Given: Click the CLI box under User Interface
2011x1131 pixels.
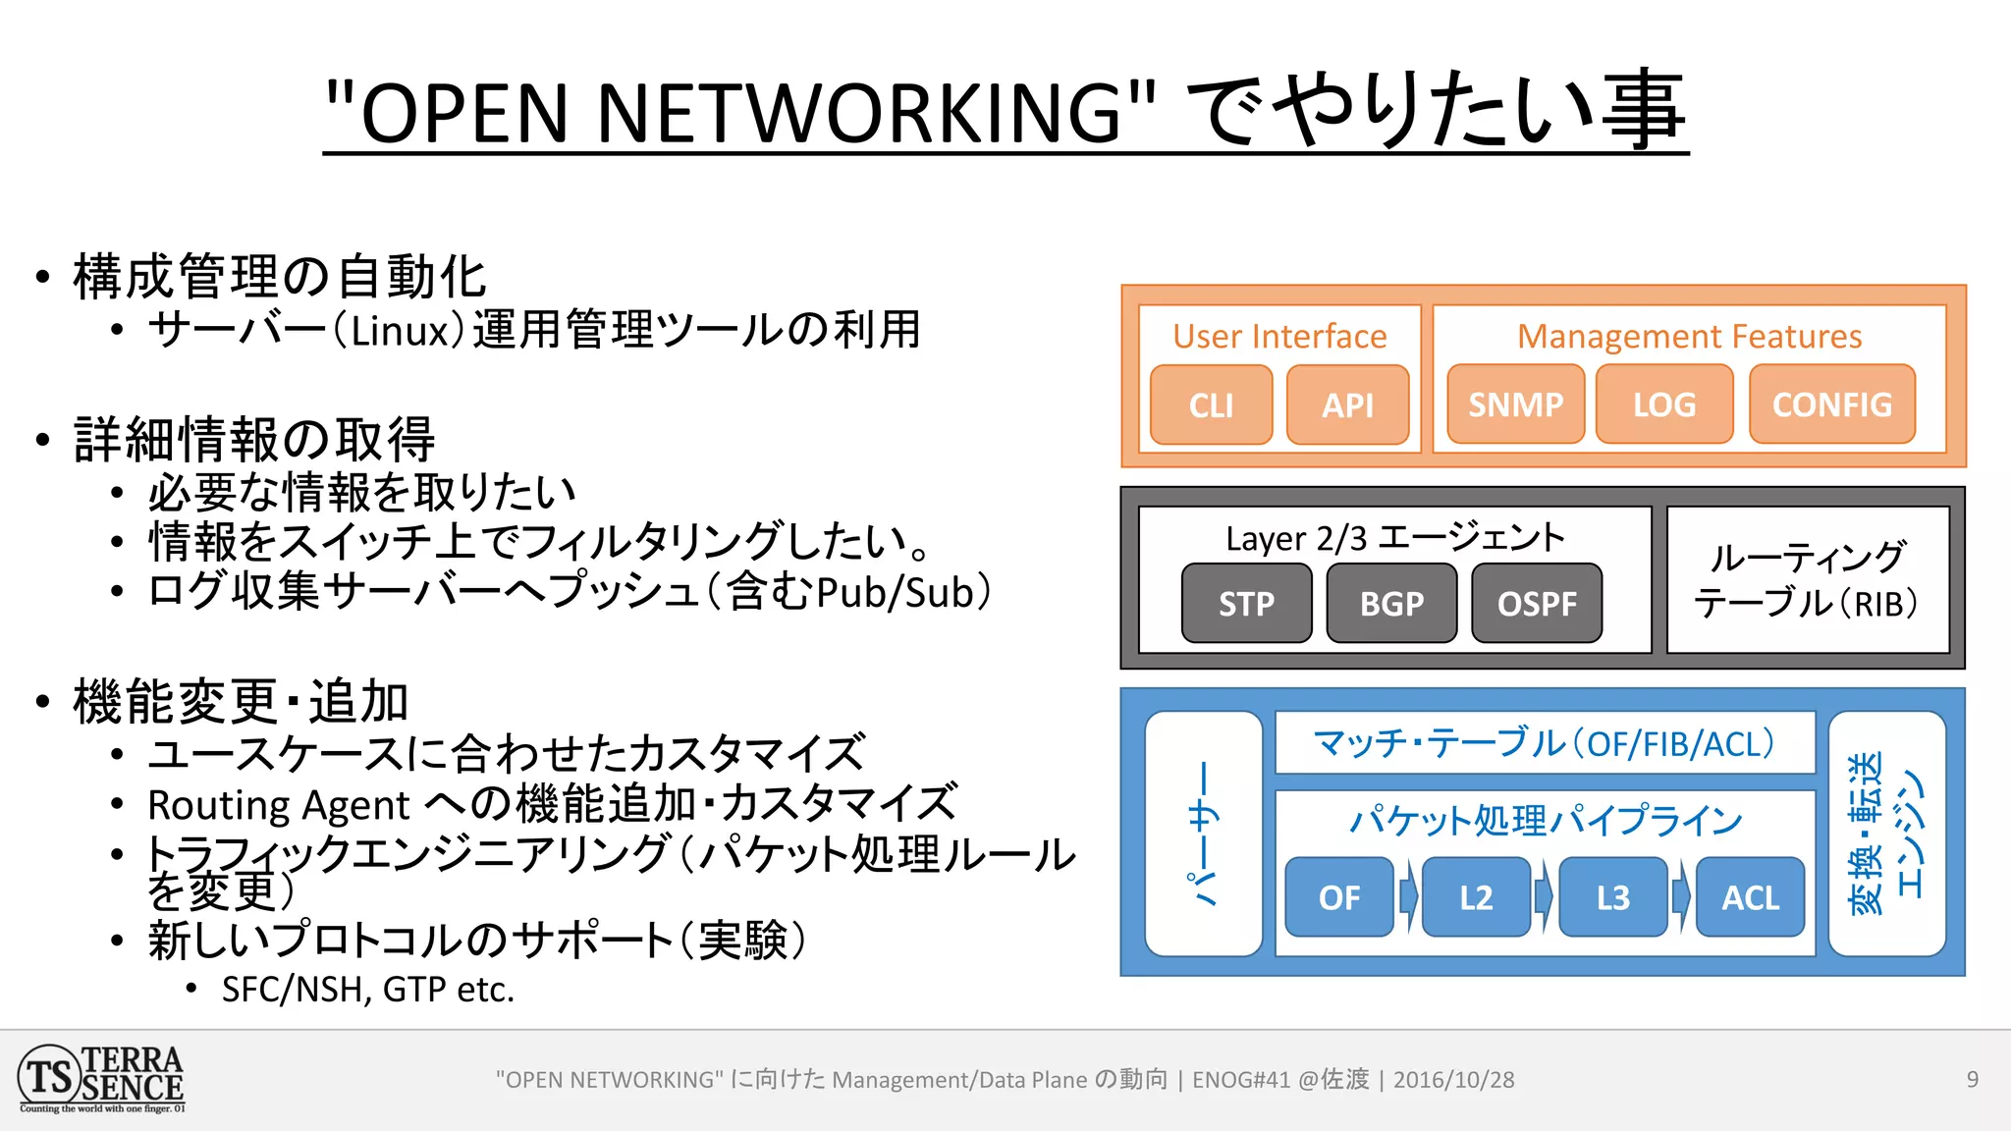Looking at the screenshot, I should (1211, 404).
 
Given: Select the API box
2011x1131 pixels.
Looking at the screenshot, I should (1347, 404).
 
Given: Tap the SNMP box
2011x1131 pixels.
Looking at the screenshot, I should (1515, 404).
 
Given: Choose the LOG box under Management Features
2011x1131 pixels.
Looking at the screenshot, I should (1663, 404).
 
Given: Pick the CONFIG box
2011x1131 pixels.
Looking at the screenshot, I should (1831, 404).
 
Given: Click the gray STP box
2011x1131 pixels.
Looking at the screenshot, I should (1246, 603).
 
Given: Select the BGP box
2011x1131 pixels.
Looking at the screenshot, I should (1391, 603).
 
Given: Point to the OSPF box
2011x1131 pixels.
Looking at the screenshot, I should (1537, 603).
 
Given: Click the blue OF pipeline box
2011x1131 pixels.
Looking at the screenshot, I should (1339, 896).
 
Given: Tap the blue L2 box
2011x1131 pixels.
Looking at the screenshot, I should (1476, 896).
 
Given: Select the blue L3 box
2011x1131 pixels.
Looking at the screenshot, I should (1612, 896).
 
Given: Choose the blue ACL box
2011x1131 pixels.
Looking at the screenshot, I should (1750, 896).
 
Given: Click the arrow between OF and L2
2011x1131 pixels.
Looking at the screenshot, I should (1408, 896).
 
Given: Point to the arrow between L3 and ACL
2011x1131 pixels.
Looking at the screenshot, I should (1681, 896).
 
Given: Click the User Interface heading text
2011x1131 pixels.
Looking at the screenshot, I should (1279, 337).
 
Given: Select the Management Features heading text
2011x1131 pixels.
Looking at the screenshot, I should (1689, 337).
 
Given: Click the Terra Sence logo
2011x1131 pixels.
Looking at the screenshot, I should (101, 1079).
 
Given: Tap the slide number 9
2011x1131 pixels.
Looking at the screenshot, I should (1972, 1080).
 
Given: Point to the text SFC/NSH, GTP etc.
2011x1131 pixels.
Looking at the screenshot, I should (367, 989).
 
